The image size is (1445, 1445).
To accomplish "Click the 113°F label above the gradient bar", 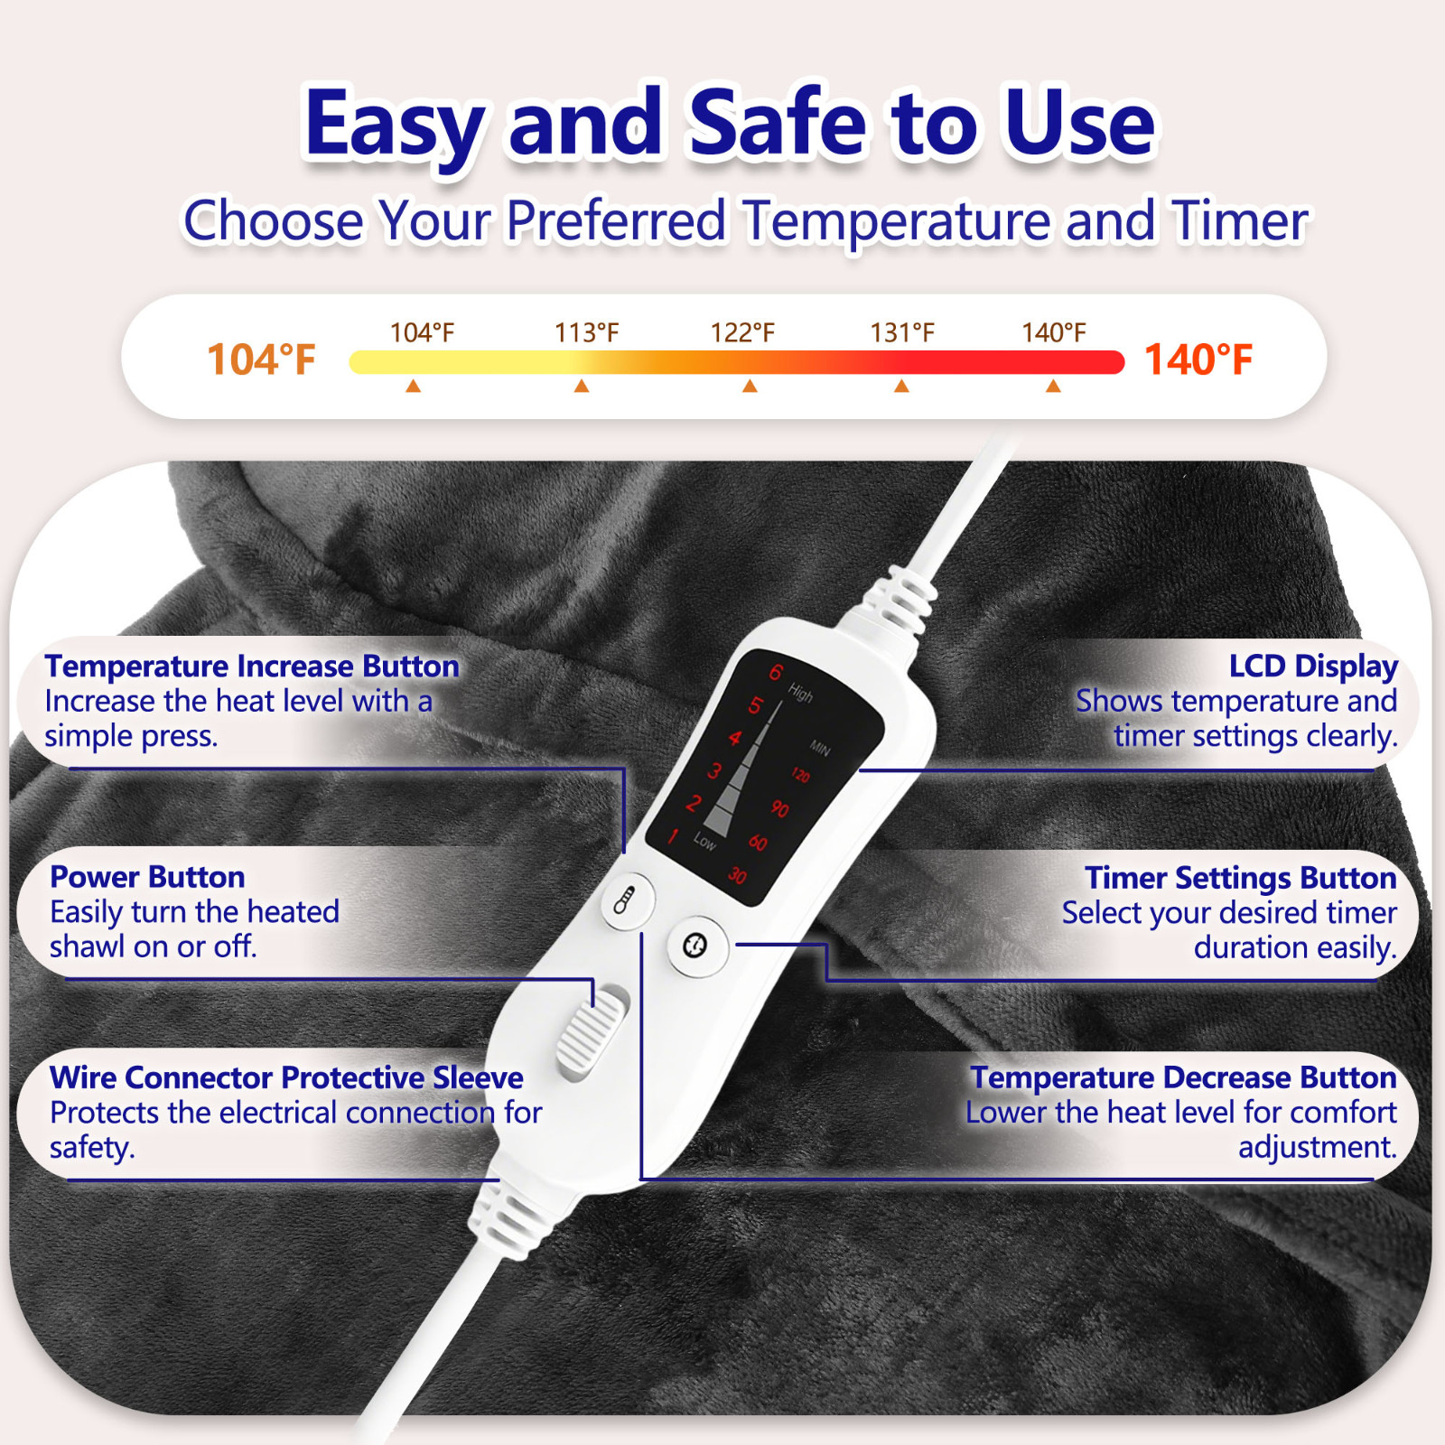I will click(x=586, y=333).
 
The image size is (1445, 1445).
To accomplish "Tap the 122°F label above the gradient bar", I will click(x=742, y=333).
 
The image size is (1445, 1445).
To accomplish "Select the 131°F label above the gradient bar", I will click(x=901, y=333).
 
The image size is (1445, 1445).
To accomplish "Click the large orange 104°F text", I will click(x=261, y=359).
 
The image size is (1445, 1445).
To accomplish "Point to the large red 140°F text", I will click(x=1198, y=359).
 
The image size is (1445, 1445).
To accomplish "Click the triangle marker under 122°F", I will click(x=750, y=387).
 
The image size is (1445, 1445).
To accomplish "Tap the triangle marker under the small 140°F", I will click(x=1053, y=387).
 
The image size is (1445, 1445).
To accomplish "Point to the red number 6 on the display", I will click(x=776, y=673).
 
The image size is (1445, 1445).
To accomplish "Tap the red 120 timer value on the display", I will click(x=800, y=775).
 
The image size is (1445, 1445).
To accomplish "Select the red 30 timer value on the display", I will click(x=738, y=875).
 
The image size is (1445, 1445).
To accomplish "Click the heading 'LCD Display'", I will click(x=1312, y=667).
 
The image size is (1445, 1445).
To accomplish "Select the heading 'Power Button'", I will click(x=147, y=877).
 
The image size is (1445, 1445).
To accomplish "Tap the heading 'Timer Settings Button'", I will click(x=1240, y=878).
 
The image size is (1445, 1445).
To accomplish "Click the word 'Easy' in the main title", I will click(x=395, y=124).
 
